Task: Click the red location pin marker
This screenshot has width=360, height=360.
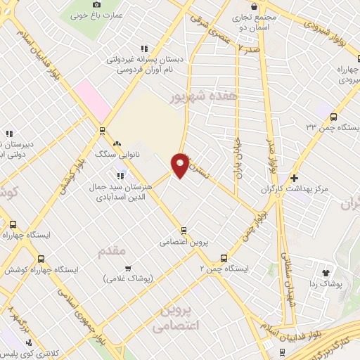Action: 180,165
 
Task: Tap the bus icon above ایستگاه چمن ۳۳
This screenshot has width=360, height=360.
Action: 333,117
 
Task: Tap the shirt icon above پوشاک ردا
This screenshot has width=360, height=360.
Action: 325,272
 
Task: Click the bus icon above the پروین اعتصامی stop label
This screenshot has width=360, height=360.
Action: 184,230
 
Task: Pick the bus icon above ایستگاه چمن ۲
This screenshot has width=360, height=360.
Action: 224,258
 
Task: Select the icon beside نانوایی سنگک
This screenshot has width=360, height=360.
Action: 116,144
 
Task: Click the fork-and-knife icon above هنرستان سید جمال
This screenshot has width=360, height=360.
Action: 120,175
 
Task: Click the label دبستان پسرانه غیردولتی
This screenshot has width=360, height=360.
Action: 141,59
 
